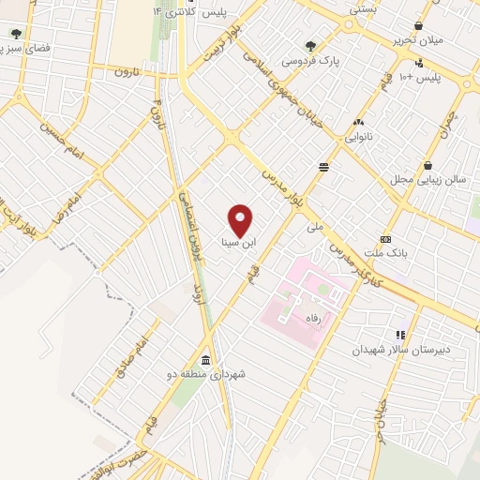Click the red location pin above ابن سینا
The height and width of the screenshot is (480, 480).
241,219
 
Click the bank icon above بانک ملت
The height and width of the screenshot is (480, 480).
384,239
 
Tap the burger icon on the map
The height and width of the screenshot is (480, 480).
323,166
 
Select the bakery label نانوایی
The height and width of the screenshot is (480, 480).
358,137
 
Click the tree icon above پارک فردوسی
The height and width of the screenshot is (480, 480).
311,45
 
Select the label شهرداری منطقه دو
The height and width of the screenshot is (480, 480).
214,374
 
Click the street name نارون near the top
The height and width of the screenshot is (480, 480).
127,71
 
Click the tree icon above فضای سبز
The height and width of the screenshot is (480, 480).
16,34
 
